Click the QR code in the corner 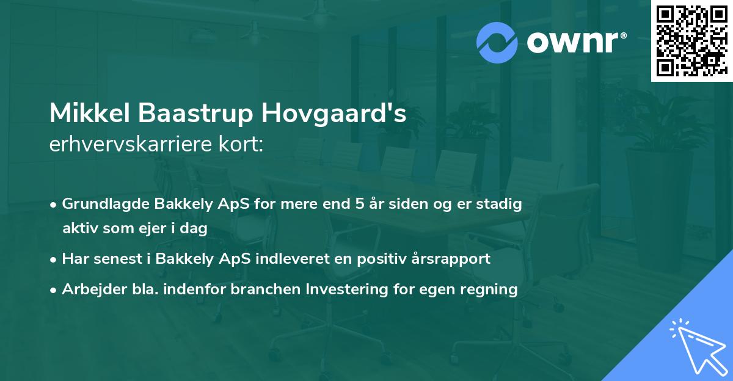coord(691,41)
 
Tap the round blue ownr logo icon coord(498,42)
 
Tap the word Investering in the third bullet coord(352,289)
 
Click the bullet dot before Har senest coord(54,259)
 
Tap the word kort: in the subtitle coord(243,145)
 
